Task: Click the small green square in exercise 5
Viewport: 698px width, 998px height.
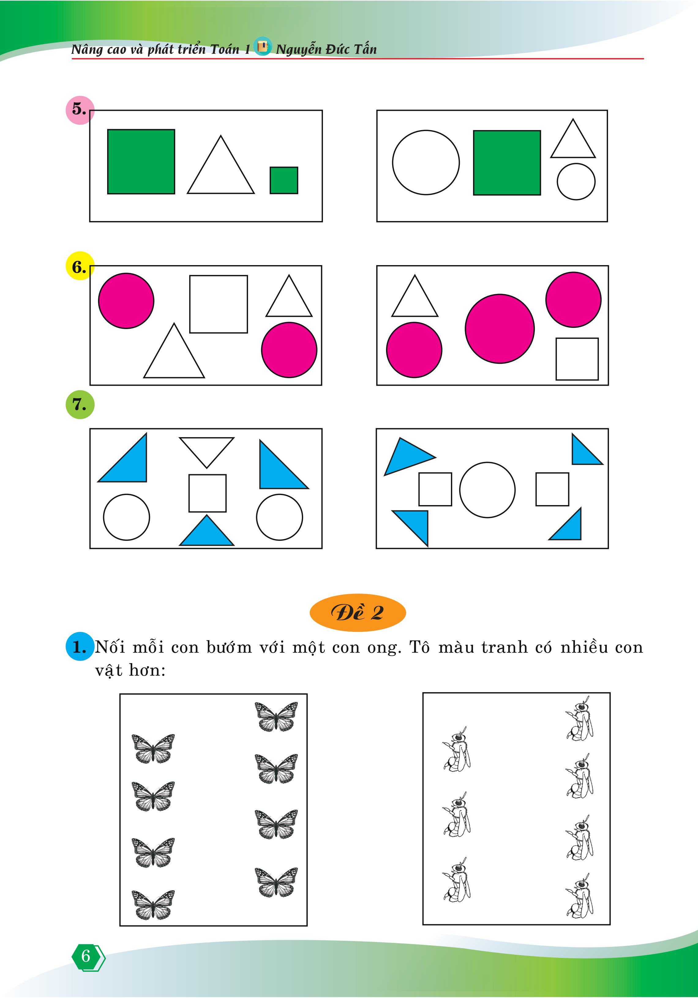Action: [x=284, y=180]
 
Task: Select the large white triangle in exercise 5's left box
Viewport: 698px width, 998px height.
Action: [x=221, y=174]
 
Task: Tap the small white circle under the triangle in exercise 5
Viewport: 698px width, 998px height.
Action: [x=576, y=182]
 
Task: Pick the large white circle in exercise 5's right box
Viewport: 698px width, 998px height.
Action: [x=426, y=163]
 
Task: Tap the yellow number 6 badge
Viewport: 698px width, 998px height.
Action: [x=80, y=266]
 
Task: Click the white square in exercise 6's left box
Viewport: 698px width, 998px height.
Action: [x=219, y=304]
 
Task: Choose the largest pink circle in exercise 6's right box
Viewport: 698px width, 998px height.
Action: [x=500, y=328]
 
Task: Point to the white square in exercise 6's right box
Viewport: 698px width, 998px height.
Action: [x=577, y=359]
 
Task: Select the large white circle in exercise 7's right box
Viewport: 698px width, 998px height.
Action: [x=487, y=490]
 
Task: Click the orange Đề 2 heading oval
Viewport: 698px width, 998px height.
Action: [x=358, y=613]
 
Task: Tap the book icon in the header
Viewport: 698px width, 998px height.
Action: [x=262, y=46]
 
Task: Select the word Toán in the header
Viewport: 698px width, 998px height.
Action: [x=225, y=49]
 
